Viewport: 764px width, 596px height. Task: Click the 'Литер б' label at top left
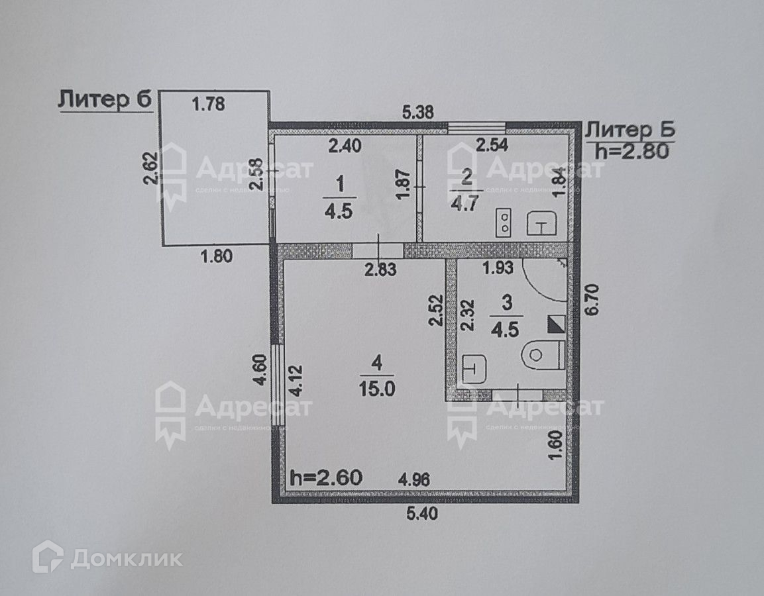(105, 100)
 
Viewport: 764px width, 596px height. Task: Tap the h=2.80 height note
(629, 150)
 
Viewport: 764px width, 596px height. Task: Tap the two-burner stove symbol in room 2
(505, 223)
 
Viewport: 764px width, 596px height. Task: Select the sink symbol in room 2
(541, 224)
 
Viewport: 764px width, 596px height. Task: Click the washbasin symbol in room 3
(474, 369)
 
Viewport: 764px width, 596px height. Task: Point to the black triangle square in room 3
(555, 324)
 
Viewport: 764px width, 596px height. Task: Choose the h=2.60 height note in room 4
(326, 477)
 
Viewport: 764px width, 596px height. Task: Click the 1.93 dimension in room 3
(498, 268)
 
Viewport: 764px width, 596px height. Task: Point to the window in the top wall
(477, 125)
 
